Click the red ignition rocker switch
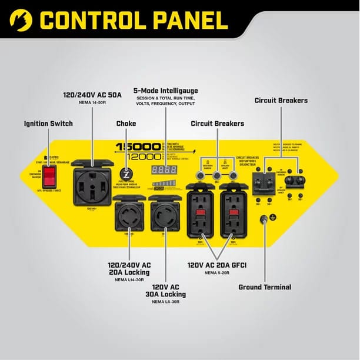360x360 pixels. pyautogui.click(x=51, y=173)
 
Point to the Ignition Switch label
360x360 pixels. pyautogui.click(x=48, y=124)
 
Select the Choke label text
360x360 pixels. pyautogui.click(x=126, y=124)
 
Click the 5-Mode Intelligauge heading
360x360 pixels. pyautogui.click(x=165, y=90)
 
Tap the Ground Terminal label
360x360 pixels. pyautogui.click(x=265, y=287)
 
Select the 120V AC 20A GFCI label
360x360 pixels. pyautogui.click(x=216, y=264)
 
